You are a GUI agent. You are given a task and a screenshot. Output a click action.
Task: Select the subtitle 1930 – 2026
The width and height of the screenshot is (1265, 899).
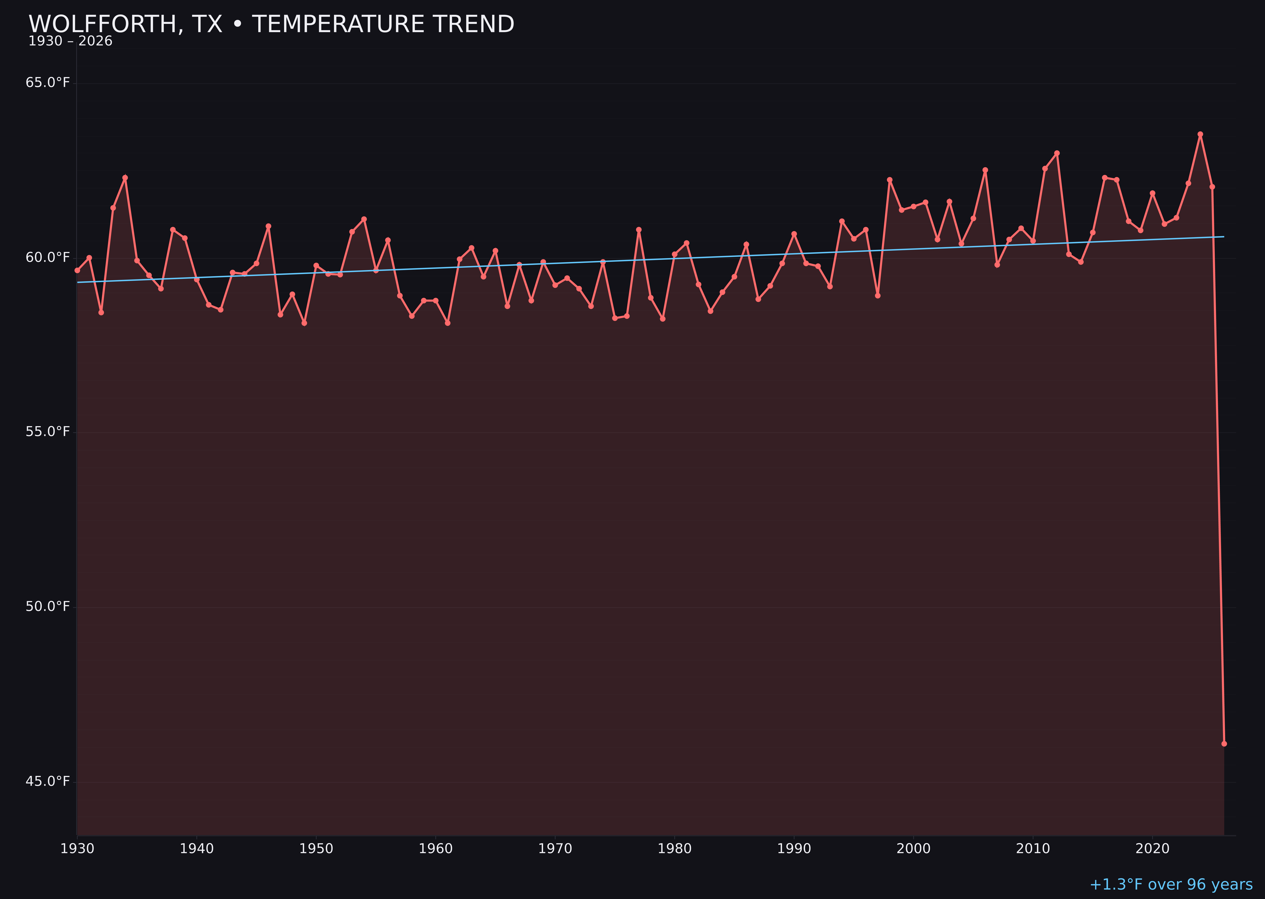[x=70, y=41]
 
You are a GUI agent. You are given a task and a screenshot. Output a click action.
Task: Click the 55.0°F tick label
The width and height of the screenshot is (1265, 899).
[x=48, y=432]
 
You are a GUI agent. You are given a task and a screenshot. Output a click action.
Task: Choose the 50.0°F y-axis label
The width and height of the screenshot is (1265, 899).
[x=48, y=607]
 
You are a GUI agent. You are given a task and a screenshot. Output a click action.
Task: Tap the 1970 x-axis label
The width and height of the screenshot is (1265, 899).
[x=555, y=849]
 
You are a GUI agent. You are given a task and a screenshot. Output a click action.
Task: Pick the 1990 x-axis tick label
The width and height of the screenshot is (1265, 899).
[x=794, y=849]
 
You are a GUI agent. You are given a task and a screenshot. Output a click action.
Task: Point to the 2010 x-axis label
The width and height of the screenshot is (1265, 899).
[x=1033, y=849]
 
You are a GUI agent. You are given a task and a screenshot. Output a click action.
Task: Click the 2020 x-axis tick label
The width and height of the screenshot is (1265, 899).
[x=1152, y=849]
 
